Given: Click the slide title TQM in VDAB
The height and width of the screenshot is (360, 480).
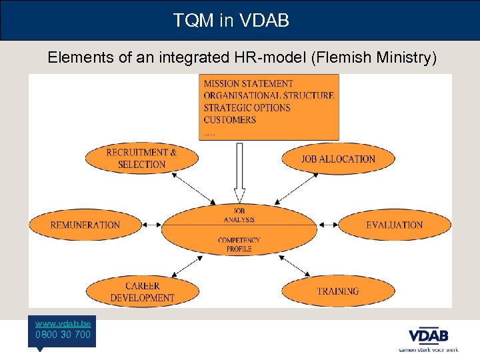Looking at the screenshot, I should tap(231, 21).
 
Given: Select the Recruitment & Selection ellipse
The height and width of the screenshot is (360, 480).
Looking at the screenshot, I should tap(141, 159).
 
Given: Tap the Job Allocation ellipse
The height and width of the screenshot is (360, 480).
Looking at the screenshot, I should tap(338, 159).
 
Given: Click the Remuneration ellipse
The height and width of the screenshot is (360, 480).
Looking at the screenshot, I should tap(85, 225).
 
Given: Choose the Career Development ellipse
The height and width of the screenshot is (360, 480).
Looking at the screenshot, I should tap(142, 292).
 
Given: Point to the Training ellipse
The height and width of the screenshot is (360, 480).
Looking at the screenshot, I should tap(338, 291).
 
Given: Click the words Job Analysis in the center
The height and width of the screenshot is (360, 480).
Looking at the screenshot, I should tap(239, 215).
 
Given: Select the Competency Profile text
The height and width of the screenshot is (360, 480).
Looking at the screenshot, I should tap(239, 244).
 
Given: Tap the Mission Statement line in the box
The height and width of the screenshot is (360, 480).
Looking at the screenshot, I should tap(248, 84).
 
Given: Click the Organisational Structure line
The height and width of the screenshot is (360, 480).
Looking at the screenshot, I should tap(269, 96).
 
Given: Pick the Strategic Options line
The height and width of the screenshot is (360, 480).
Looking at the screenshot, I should tap(247, 108).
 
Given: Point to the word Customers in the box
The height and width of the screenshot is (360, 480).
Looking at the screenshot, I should tap(229, 120).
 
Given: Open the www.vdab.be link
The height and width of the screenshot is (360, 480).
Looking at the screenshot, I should tap(63, 322).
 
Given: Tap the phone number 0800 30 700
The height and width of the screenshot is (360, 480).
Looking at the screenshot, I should tap(63, 334).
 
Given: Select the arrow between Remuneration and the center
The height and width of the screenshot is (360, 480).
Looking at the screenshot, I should tap(151, 225).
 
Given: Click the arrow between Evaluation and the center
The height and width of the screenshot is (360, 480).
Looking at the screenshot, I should tap(329, 225).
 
